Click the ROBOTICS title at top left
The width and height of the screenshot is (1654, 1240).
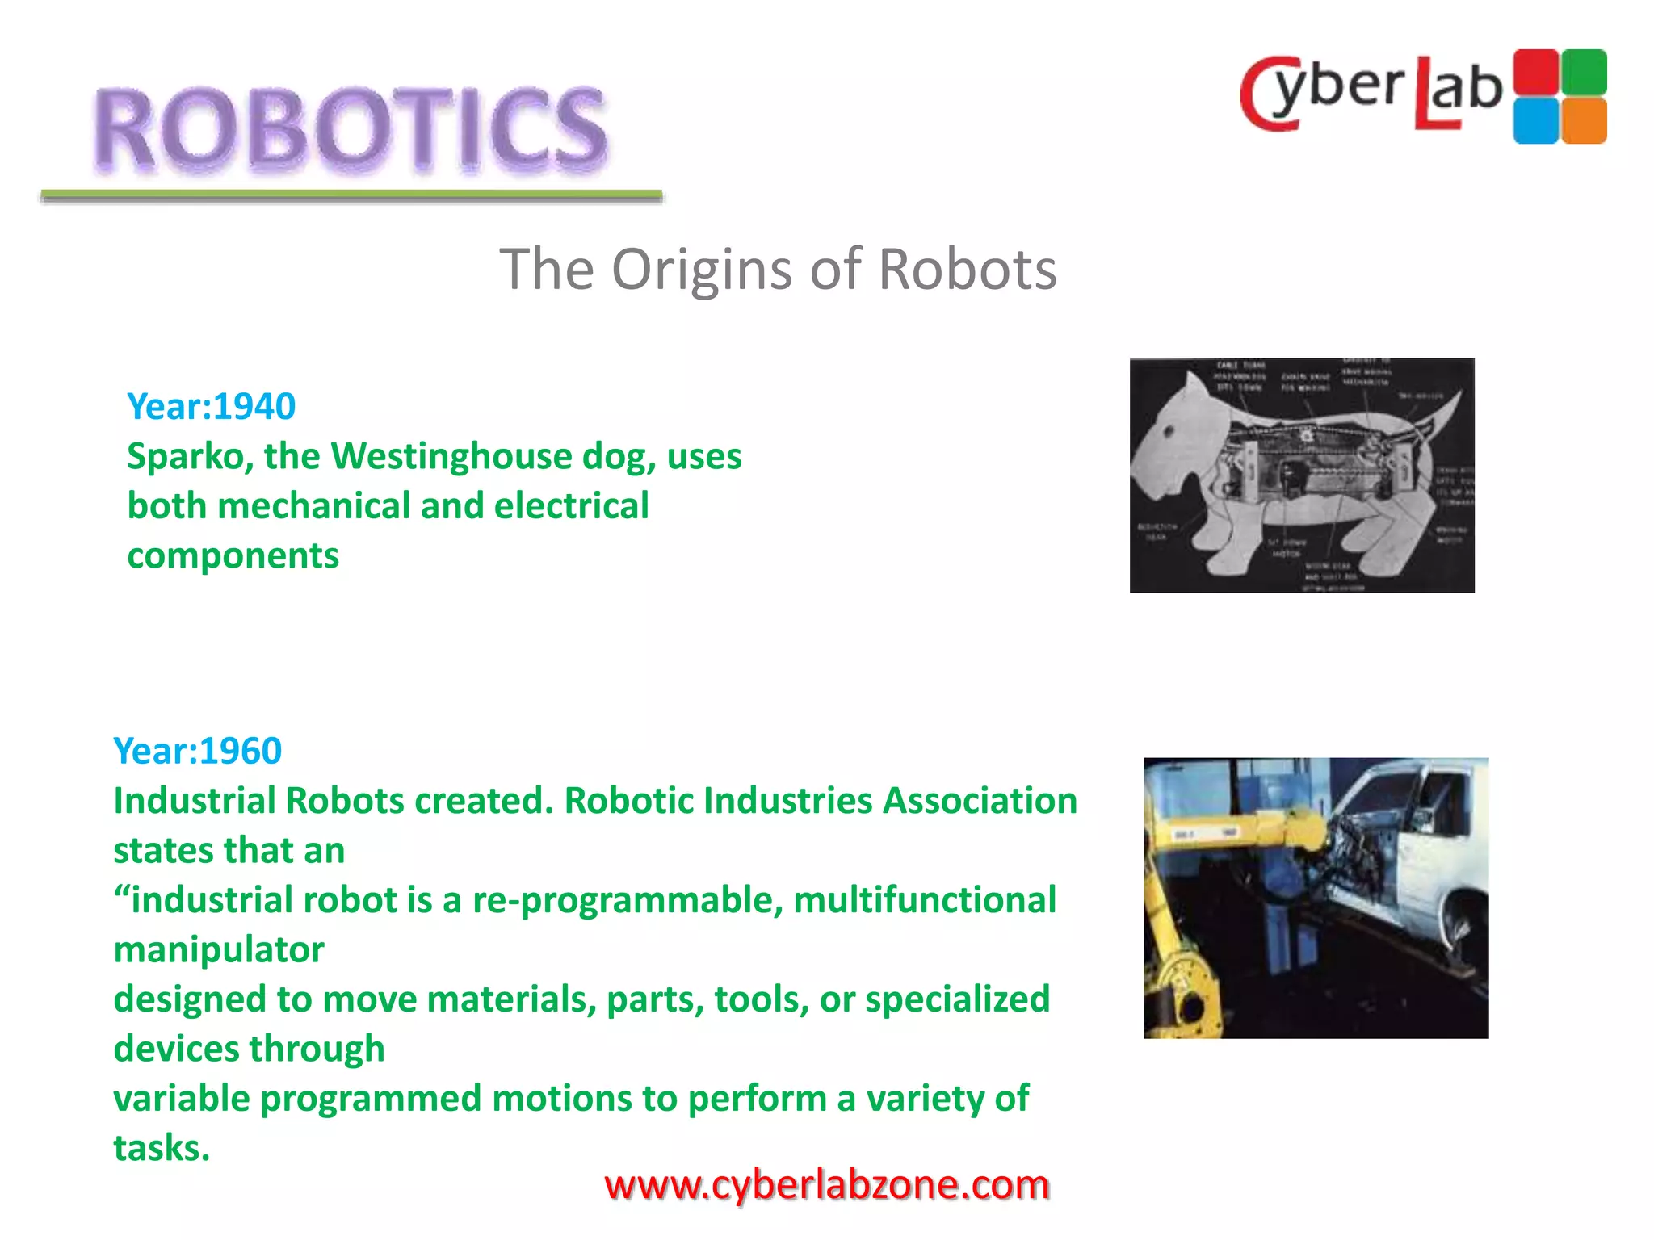(350, 129)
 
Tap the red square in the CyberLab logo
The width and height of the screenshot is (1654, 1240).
(1535, 72)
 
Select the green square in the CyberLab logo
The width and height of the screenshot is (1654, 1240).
(1584, 72)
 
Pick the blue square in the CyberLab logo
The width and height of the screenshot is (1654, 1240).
(1535, 121)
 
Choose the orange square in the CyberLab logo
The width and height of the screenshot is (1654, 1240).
(1584, 121)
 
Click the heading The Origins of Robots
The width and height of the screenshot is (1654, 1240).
(778, 269)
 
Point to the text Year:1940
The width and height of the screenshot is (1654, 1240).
(212, 406)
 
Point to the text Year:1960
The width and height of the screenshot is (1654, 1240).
(198, 751)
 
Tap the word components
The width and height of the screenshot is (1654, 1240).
(233, 556)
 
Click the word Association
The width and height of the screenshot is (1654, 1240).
(980, 801)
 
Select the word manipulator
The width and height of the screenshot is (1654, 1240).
(219, 950)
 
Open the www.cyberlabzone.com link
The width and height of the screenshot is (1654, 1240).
(827, 1185)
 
